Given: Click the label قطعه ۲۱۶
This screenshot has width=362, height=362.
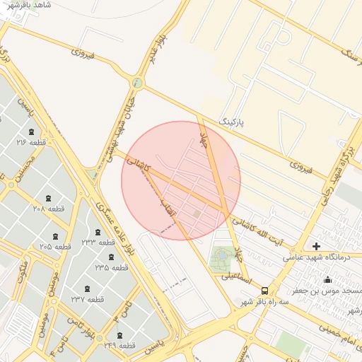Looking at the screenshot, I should pyautogui.click(x=31, y=142).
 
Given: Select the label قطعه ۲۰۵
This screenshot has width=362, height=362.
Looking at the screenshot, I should pyautogui.click(x=55, y=246).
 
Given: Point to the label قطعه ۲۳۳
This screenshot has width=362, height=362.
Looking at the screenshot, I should pyautogui.click(x=98, y=243).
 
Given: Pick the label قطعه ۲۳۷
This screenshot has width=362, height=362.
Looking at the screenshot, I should pyautogui.click(x=87, y=299).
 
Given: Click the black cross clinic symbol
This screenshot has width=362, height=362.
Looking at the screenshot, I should pyautogui.click(x=316, y=246).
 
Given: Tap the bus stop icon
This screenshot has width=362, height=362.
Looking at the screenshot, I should pyautogui.click(x=264, y=290).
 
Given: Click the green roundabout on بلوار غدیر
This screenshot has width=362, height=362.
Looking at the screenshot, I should pyautogui.click(x=137, y=83).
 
